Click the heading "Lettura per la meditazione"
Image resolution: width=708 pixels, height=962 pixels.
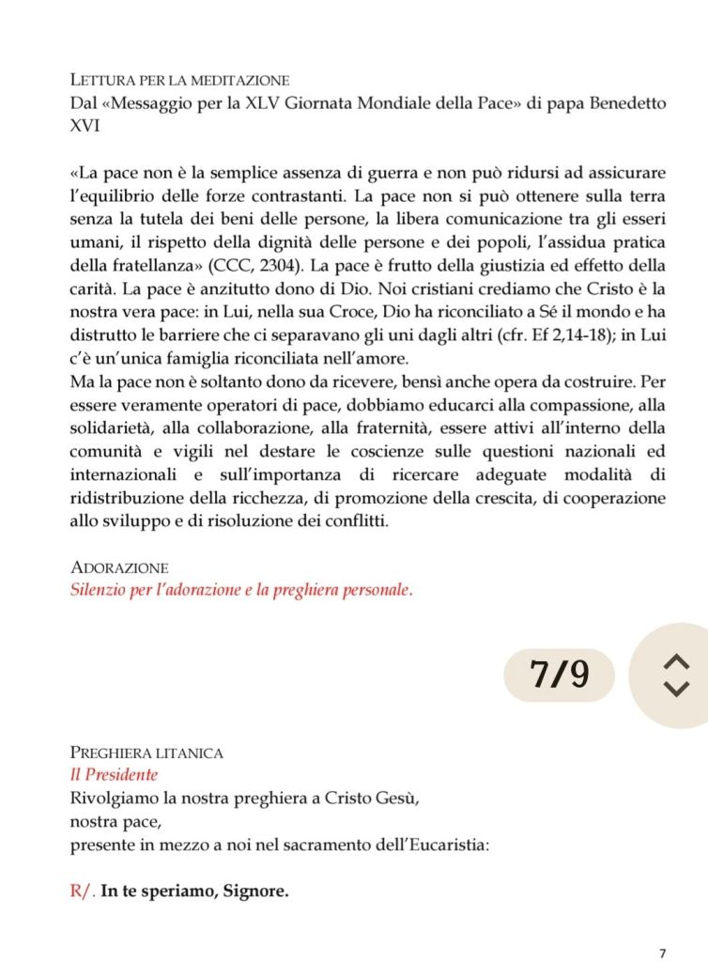tap(179, 79)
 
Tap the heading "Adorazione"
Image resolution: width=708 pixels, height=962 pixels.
tap(119, 568)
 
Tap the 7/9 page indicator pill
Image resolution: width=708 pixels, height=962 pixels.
tap(560, 675)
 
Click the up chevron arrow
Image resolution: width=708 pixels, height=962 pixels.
tap(675, 662)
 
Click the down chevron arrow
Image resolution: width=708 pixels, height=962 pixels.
tap(675, 689)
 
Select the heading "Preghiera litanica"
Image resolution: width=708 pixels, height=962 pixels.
tap(146, 753)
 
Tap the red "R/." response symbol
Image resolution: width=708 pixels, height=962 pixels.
tap(83, 892)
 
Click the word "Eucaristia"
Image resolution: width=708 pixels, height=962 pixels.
tap(452, 846)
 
